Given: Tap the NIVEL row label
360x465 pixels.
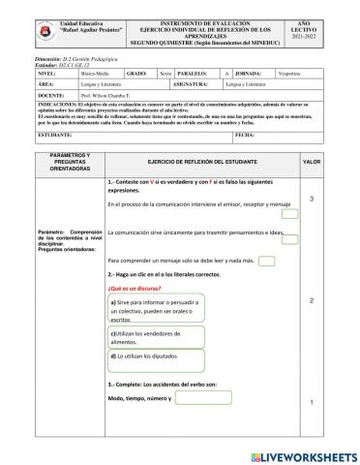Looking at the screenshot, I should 46,72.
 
